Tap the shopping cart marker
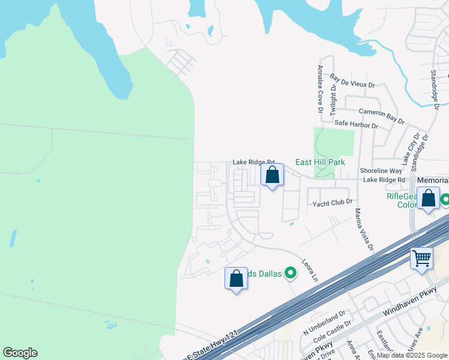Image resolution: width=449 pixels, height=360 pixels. coord(421,259)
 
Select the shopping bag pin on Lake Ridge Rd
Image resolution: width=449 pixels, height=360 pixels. coord(273,175)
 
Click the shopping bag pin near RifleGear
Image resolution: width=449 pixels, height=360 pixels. coord(429,199)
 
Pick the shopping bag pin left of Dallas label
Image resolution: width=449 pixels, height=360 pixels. coord(236,278)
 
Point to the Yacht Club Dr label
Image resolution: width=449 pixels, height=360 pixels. coord(332,203)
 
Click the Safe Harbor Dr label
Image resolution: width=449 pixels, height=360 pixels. coord(357,125)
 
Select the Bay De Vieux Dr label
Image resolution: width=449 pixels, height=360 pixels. coord(352,82)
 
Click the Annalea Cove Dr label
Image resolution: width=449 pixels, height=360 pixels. coord(321,89)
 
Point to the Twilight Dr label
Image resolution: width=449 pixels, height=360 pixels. coord(332,99)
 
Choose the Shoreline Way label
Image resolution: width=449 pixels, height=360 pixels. coord(381,171)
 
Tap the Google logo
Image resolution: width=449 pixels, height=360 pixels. coord(20,353)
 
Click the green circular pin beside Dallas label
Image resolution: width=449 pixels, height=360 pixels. coord(291,274)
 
